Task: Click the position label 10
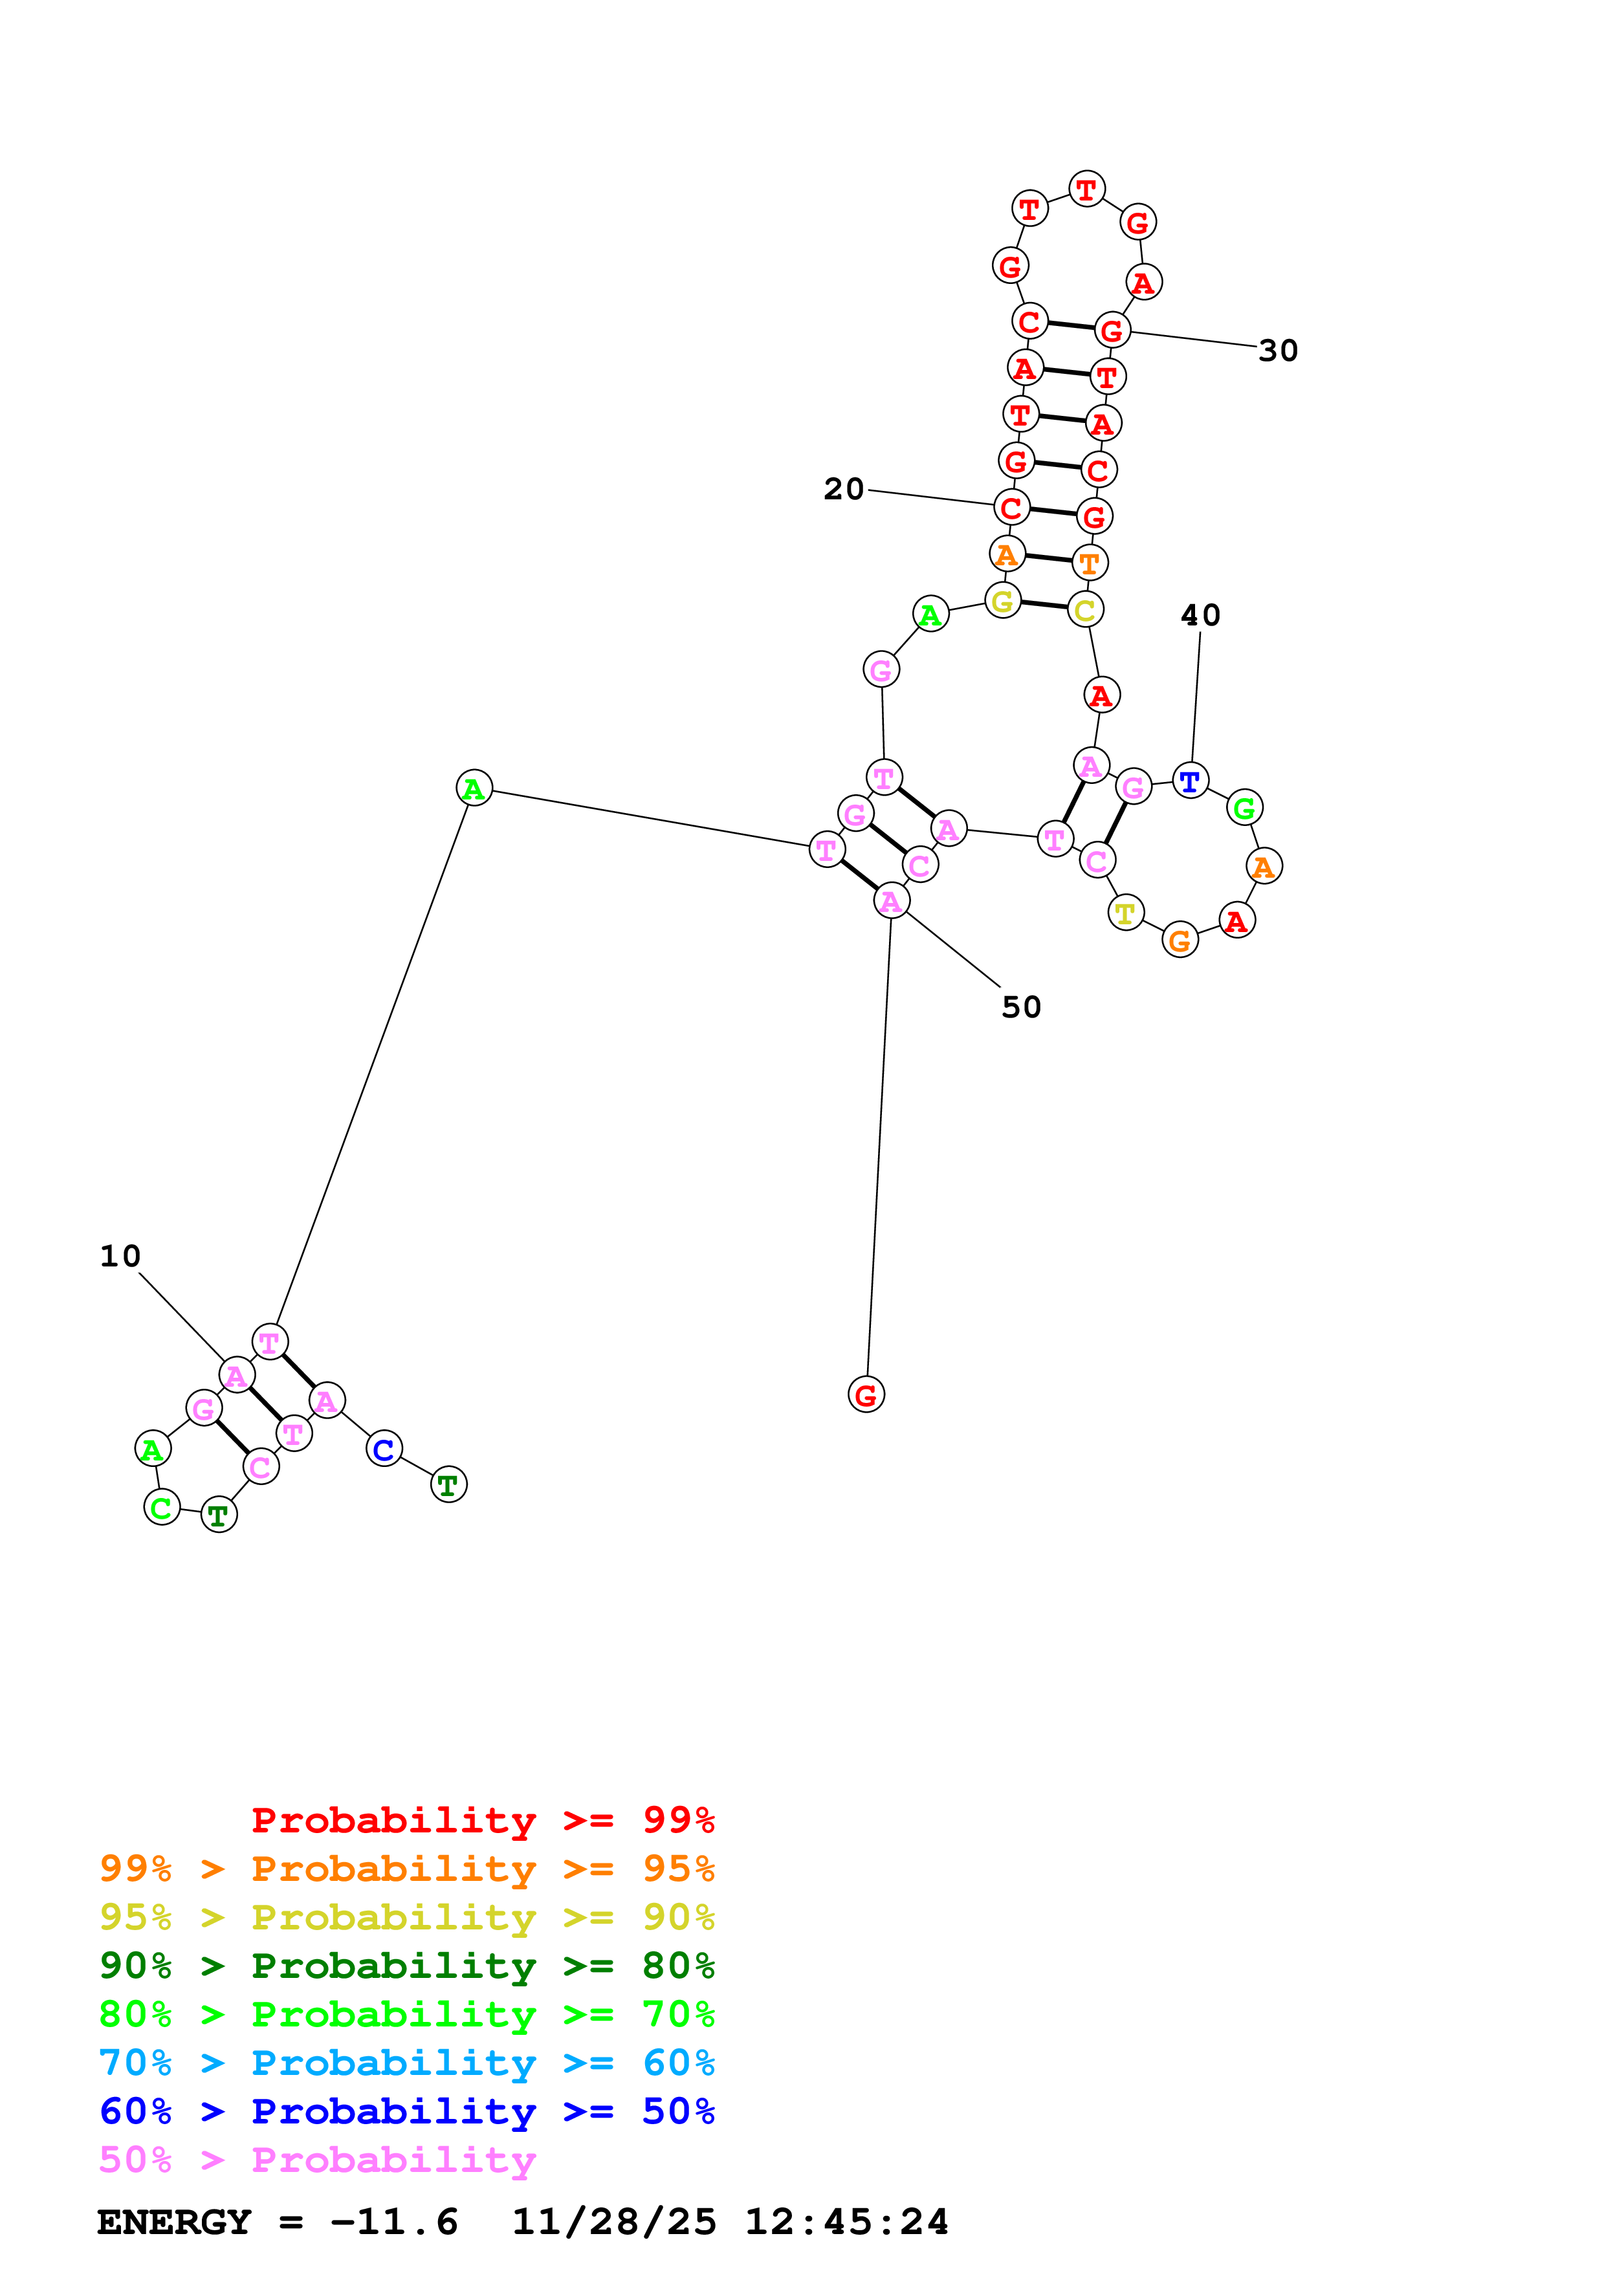(x=120, y=1256)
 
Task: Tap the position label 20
(x=844, y=489)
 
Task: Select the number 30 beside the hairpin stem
(x=1278, y=351)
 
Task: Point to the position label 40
(x=1201, y=616)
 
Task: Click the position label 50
(x=1021, y=1007)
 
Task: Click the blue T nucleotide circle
(x=1190, y=781)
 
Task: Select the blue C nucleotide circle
(x=384, y=1449)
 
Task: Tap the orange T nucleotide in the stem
(x=1089, y=563)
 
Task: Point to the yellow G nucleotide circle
(x=1002, y=601)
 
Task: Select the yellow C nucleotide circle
(x=1085, y=610)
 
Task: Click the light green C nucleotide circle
(x=162, y=1507)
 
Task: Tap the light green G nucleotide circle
(x=1244, y=809)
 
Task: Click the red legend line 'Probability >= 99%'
(x=482, y=1820)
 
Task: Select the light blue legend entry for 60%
(x=406, y=2063)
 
